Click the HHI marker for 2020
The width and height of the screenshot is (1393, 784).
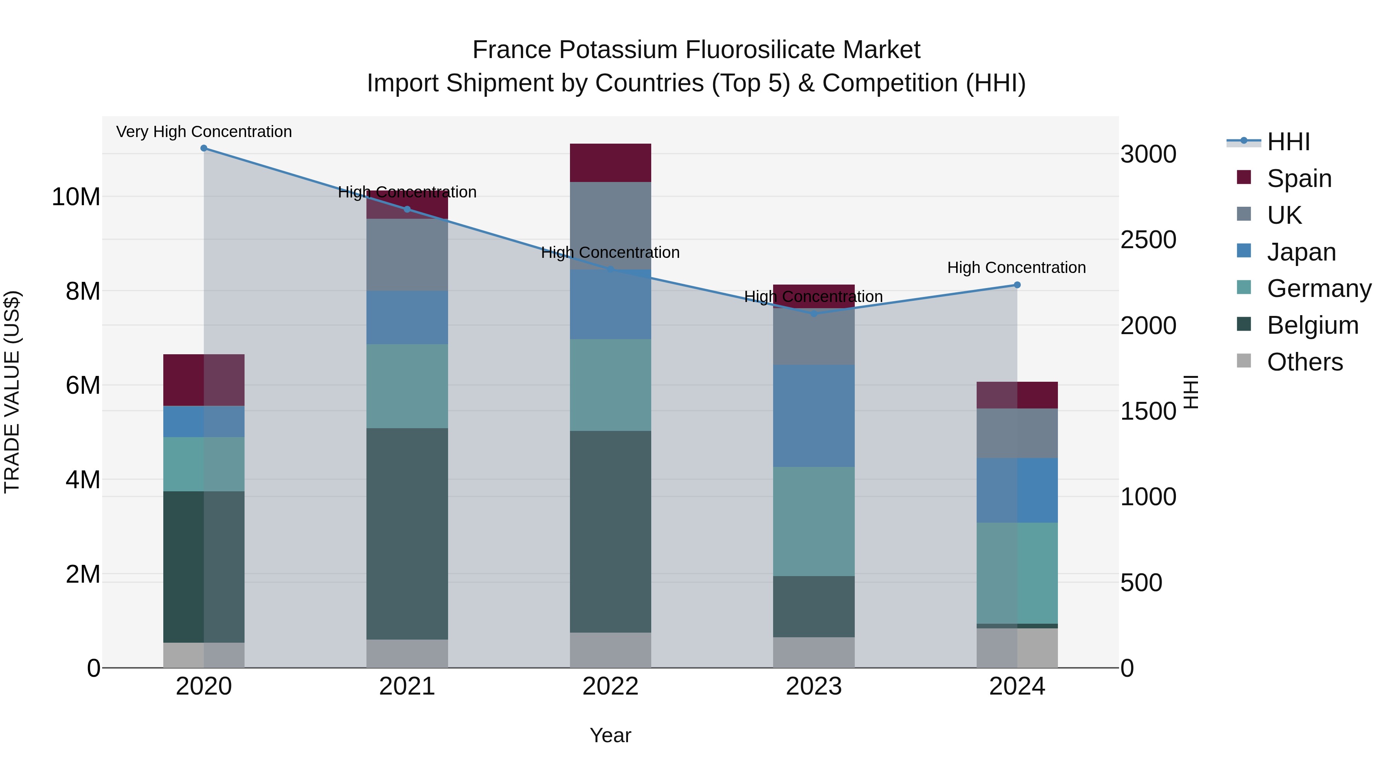click(x=204, y=148)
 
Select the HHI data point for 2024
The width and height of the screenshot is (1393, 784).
click(x=1017, y=285)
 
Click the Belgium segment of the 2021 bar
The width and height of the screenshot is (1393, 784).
click(x=407, y=534)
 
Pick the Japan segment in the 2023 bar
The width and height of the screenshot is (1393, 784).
click(x=813, y=415)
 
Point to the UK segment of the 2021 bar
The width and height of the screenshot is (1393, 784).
click(x=407, y=255)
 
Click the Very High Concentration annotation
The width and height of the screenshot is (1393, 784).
click(x=204, y=132)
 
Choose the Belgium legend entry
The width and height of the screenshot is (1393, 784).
click(x=1313, y=325)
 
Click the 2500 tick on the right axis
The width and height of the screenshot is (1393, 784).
click(x=1148, y=240)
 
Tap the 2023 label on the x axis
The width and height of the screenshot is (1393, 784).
click(x=813, y=686)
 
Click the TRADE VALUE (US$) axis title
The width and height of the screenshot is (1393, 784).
click(x=12, y=392)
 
